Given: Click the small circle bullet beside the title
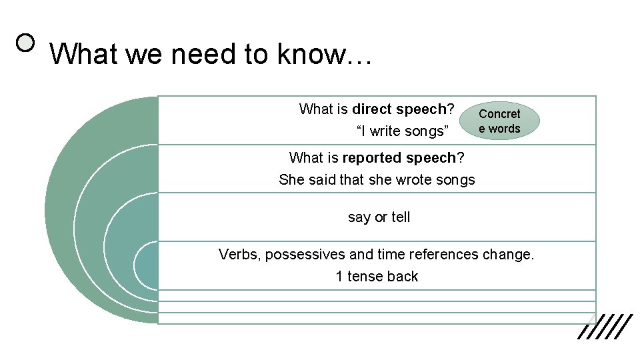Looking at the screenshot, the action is (26, 43).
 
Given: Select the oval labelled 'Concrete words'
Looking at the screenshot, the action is (499, 121).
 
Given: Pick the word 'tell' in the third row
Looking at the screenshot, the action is (400, 217).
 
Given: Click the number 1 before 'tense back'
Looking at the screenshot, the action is (339, 277).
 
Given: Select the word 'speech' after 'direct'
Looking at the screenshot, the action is (422, 109).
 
